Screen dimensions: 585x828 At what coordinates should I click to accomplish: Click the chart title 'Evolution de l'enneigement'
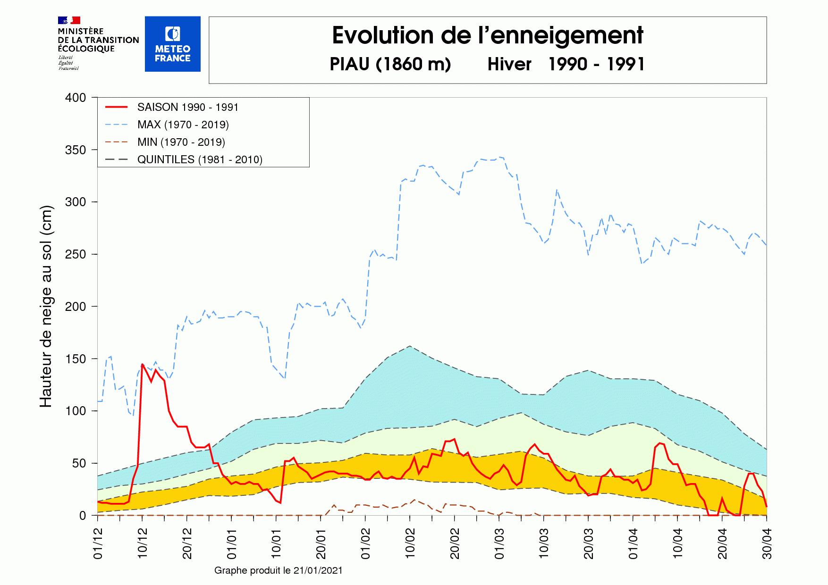(x=487, y=35)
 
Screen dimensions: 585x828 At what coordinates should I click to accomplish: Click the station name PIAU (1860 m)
(x=390, y=64)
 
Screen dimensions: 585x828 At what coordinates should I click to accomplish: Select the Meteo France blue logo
(x=172, y=44)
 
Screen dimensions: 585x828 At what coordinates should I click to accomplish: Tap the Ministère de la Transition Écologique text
(x=98, y=40)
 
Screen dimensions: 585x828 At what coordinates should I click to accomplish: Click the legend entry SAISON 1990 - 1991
(x=187, y=107)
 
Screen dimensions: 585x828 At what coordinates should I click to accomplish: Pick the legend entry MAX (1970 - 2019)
(x=183, y=125)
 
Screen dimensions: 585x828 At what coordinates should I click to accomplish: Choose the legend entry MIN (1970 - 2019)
(x=181, y=142)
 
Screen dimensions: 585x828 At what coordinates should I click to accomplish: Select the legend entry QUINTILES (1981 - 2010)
(x=199, y=159)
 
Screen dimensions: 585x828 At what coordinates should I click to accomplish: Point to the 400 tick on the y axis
(x=76, y=98)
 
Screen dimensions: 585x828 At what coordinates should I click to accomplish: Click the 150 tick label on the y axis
(x=76, y=359)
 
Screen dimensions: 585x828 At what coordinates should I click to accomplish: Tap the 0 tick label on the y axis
(x=83, y=516)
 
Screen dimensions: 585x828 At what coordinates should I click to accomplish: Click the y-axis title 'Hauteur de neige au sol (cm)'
(x=46, y=307)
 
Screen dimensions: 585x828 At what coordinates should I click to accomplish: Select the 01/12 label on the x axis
(x=98, y=544)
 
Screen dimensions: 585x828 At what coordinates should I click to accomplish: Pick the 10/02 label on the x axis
(x=410, y=544)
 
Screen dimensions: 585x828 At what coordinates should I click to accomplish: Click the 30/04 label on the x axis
(x=767, y=544)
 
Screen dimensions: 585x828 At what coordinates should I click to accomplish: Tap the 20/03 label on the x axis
(x=588, y=544)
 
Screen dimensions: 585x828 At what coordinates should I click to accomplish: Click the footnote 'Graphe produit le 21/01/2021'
(x=278, y=570)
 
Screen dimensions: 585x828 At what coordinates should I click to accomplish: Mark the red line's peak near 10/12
(x=142, y=364)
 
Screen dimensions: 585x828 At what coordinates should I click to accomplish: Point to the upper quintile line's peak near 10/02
(x=409, y=346)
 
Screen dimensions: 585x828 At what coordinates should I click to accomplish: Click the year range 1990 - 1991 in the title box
(x=596, y=64)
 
